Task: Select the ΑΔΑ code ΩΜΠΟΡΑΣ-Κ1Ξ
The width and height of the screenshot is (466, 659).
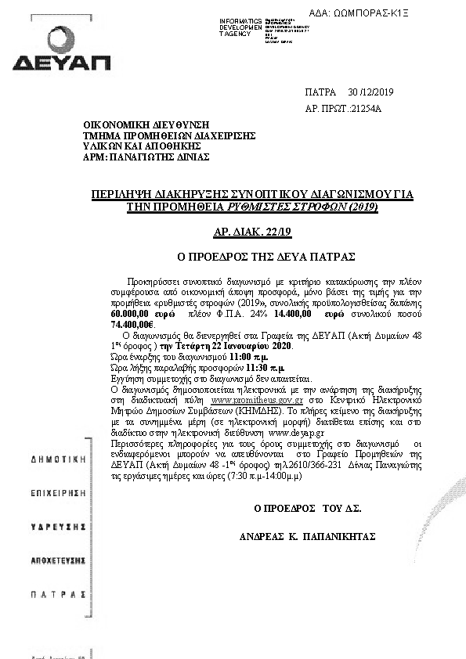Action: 401,13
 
